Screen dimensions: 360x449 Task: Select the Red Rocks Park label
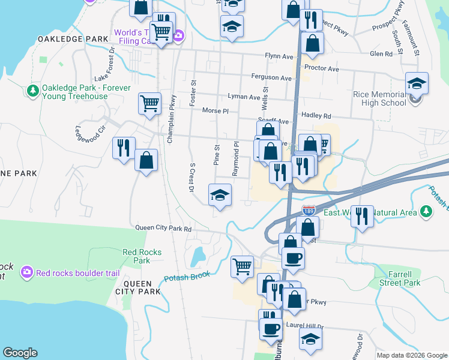(142, 256)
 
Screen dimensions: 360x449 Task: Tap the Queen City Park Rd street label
(163, 229)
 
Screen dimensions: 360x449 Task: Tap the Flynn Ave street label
(279, 56)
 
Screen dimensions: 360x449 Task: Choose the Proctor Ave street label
(322, 68)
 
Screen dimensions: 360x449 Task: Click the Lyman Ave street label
(244, 97)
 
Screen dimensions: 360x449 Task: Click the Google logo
(20, 353)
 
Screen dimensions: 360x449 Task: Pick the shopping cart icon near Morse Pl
(149, 103)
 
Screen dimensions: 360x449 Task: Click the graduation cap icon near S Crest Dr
(220, 194)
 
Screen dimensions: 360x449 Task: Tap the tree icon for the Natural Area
(426, 211)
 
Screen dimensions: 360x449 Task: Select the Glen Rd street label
(381, 53)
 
